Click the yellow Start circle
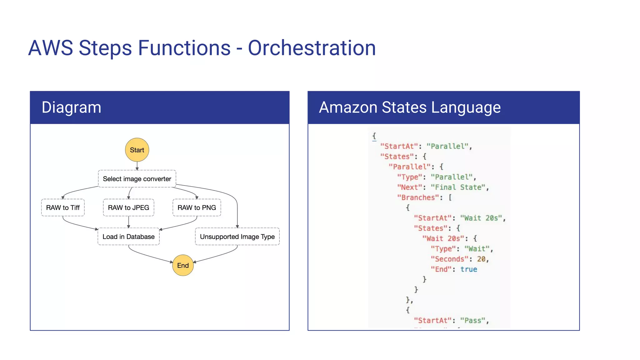point(137,150)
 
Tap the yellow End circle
point(183,265)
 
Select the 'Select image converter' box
point(137,179)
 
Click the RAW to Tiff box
point(63,207)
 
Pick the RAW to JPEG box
point(128,207)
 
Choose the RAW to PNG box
point(197,207)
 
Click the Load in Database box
point(128,237)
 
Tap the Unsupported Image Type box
point(237,237)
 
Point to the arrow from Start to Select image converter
point(137,166)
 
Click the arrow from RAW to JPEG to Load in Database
point(128,222)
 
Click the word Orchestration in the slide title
point(312,48)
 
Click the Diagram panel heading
point(72,107)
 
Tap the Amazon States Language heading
point(410,107)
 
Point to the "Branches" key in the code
point(418,197)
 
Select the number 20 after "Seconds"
point(481,259)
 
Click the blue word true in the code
point(468,269)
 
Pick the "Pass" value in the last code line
point(472,321)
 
